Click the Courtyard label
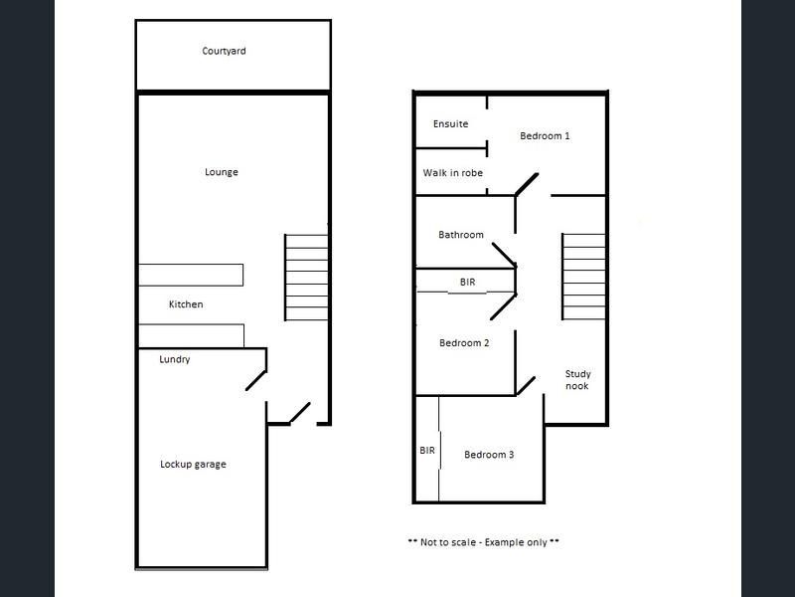coord(224,51)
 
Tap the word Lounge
coord(221,172)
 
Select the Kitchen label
coord(186,304)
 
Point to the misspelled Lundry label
coord(175,359)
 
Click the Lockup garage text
coord(193,464)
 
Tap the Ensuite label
coord(450,123)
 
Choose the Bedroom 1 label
coord(545,136)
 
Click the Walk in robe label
coord(453,172)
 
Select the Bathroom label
coord(461,235)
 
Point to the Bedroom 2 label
coord(464,343)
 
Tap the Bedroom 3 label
coord(489,455)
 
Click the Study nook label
coord(577,380)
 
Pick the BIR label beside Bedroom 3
coord(427,451)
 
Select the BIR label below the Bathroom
coord(467,282)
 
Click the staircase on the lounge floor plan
coord(306,278)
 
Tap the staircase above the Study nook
coord(583,277)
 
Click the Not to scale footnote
coord(483,542)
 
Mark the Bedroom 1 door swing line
coord(527,185)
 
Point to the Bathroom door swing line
coord(504,255)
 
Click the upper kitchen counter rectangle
coord(191,275)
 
